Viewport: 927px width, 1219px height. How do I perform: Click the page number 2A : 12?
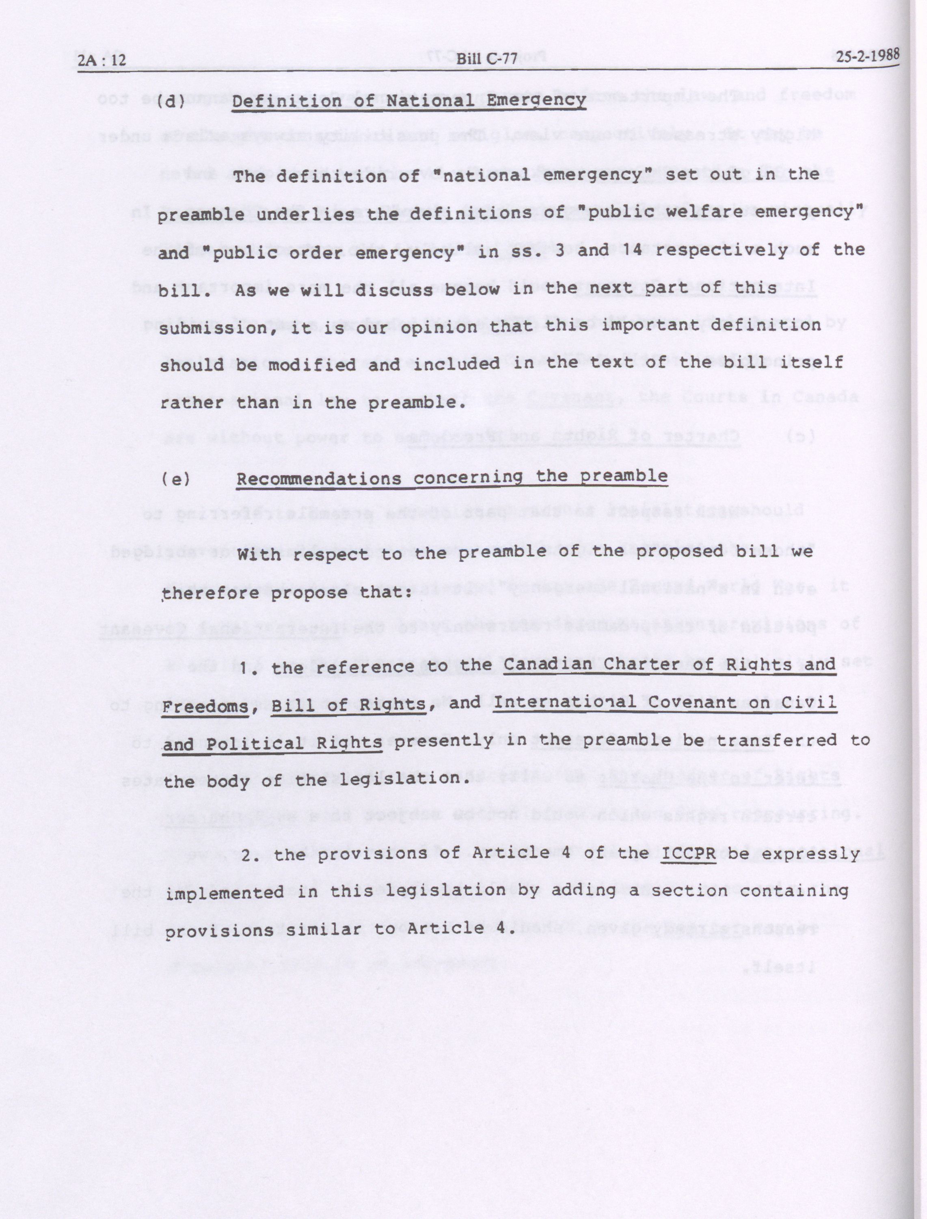(102, 60)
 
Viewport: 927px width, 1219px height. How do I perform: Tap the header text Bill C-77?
(487, 58)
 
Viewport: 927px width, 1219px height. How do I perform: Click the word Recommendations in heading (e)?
(319, 479)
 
